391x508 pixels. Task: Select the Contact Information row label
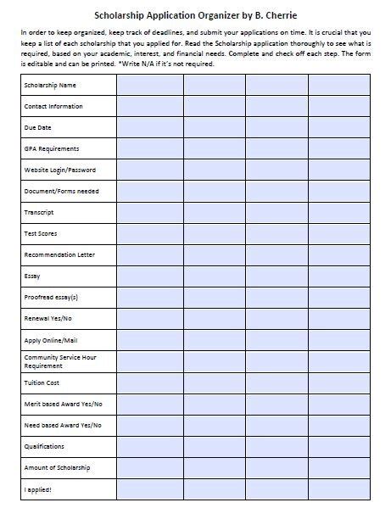(55, 106)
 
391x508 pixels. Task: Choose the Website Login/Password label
(61, 170)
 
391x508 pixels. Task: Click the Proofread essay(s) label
(53, 297)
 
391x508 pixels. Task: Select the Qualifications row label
(47, 445)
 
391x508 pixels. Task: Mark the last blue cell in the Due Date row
(339, 127)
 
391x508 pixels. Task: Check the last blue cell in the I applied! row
(339, 489)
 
